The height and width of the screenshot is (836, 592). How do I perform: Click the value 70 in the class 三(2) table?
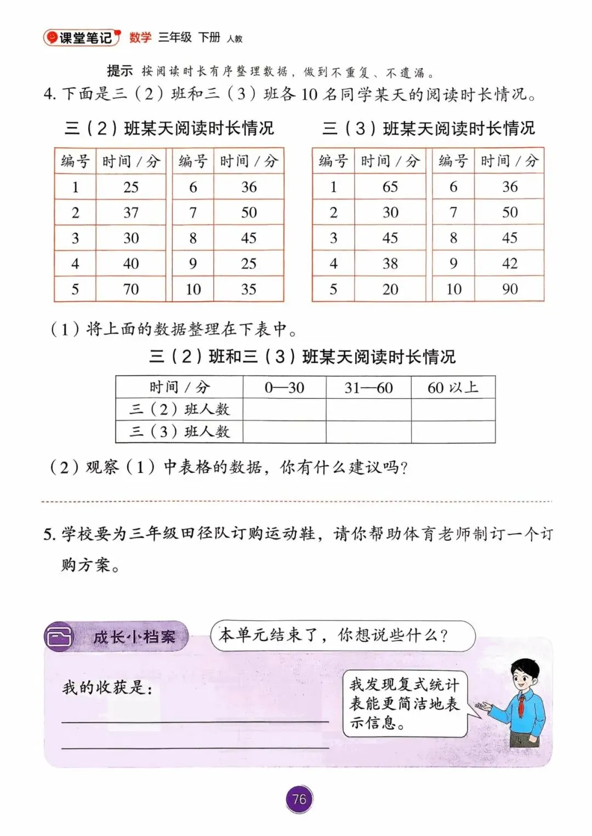coord(130,289)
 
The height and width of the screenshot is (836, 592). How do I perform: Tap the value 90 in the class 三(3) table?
coord(509,289)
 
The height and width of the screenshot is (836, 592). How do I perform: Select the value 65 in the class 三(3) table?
coord(390,187)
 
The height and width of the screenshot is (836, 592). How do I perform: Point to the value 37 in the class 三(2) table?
coord(130,213)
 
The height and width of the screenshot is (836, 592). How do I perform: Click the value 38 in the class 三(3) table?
coord(390,264)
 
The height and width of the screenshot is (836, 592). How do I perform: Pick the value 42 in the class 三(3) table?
coord(509,264)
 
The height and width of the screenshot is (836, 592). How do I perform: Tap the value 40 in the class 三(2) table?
coord(130,264)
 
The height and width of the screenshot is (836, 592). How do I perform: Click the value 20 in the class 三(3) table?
coord(390,289)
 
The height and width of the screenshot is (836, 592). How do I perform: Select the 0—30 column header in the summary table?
coord(284,387)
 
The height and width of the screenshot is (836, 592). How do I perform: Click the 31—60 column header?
coord(368,387)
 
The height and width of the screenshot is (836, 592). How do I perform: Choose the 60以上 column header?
coord(453,387)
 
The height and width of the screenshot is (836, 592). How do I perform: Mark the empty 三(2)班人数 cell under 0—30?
coord(284,409)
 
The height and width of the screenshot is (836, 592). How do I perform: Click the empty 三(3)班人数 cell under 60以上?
coord(453,432)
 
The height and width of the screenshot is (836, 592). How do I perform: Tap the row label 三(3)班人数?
coord(179,432)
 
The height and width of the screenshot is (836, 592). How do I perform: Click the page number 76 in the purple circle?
coord(299,799)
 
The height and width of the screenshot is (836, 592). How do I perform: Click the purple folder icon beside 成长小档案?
coord(59,637)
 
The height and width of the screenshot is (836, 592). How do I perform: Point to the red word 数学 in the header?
coord(140,37)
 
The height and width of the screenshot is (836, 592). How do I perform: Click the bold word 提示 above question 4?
coord(119,71)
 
